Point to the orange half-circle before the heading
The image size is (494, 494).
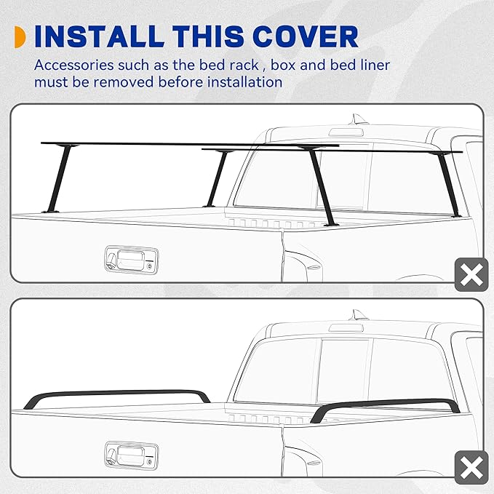20,36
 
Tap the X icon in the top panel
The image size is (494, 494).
471,275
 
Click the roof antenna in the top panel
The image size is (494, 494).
357,120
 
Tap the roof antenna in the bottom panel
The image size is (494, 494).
357,315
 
